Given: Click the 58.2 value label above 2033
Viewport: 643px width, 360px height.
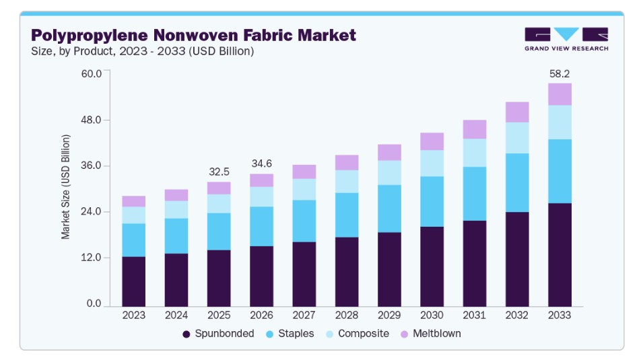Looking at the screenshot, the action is [560, 74].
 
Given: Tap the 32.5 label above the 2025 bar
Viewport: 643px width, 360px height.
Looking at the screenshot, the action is [219, 172].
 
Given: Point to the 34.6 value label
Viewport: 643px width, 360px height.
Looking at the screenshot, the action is [262, 164].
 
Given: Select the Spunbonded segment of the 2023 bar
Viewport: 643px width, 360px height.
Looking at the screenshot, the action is [134, 282].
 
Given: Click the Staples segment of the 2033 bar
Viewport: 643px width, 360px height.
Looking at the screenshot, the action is [560, 172].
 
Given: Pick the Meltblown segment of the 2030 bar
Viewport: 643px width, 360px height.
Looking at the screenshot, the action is [432, 141].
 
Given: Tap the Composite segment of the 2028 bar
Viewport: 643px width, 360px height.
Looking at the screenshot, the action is [347, 182].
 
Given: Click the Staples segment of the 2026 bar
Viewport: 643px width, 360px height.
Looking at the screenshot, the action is [262, 226].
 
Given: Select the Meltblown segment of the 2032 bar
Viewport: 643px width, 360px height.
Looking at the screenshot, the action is [517, 112].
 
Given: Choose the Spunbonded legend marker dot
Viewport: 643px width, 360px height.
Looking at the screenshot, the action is [187, 334].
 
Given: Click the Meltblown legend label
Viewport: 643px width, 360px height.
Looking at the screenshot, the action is [437, 334].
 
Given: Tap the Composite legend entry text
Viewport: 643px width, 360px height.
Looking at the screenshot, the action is [364, 334].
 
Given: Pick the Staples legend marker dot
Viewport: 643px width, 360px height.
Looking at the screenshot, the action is [269, 334].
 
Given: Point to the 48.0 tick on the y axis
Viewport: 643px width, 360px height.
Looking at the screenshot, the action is [91, 120].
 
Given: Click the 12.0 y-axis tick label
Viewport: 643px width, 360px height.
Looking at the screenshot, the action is [91, 258].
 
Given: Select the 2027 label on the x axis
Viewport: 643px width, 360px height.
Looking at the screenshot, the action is [304, 316].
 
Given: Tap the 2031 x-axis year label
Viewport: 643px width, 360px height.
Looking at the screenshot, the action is [475, 316].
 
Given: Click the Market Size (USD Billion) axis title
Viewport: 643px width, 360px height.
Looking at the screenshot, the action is [65, 187].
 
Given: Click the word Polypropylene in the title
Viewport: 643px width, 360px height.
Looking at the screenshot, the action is [90, 36].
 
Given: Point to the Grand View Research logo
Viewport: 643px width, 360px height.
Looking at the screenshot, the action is [566, 39].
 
